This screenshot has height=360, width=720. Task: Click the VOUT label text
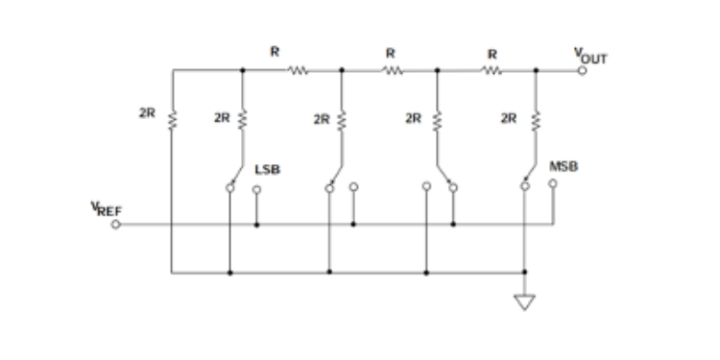pyautogui.click(x=590, y=56)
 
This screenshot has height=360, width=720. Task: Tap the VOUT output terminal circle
pyautogui.click(x=582, y=71)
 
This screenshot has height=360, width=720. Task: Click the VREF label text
pyautogui.click(x=106, y=209)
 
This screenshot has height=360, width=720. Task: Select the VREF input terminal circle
pyautogui.click(x=116, y=225)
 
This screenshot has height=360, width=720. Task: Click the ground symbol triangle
pyautogui.click(x=524, y=302)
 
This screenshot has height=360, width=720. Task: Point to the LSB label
pyautogui.click(x=267, y=169)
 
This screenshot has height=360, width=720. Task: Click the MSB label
pyautogui.click(x=564, y=167)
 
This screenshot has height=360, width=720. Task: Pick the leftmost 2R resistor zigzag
pyautogui.click(x=172, y=120)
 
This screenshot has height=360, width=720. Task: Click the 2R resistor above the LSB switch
pyautogui.click(x=243, y=119)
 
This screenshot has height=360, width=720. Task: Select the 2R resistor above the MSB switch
pyautogui.click(x=536, y=121)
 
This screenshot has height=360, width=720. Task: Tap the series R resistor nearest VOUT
pyautogui.click(x=491, y=71)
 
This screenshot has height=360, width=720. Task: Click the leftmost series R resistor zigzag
pyautogui.click(x=298, y=70)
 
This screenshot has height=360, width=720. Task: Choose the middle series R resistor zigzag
pyautogui.click(x=393, y=71)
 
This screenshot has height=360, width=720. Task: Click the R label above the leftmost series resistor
pyautogui.click(x=275, y=52)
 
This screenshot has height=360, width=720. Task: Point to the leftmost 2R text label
pyautogui.click(x=147, y=113)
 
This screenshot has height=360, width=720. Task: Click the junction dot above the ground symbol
pyautogui.click(x=525, y=272)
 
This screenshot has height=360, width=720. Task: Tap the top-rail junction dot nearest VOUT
pyautogui.click(x=536, y=70)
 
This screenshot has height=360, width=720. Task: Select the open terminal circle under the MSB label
pyautogui.click(x=553, y=183)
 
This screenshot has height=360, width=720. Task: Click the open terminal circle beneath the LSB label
pyautogui.click(x=256, y=190)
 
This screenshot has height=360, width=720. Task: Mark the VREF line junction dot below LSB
pyautogui.click(x=256, y=225)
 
